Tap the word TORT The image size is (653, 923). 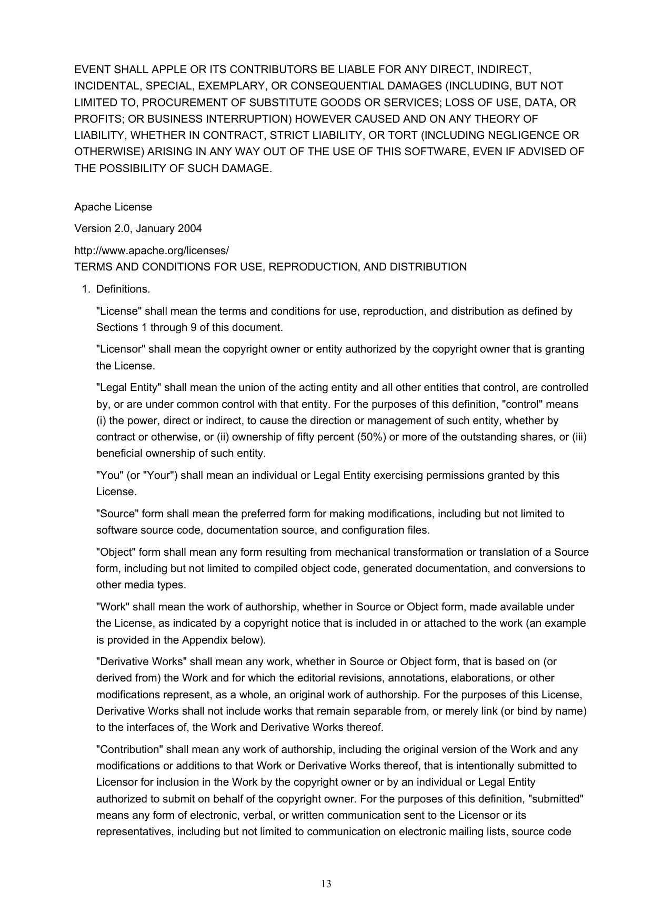pyautogui.click(x=402, y=135)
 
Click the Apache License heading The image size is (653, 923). pyautogui.click(x=113, y=207)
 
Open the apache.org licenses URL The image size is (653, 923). pyautogui.click(x=152, y=250)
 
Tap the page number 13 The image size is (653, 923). pyautogui.click(x=326, y=884)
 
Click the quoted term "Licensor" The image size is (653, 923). pyautogui.click(x=119, y=349)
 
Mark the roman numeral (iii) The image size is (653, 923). pyautogui.click(x=579, y=437)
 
